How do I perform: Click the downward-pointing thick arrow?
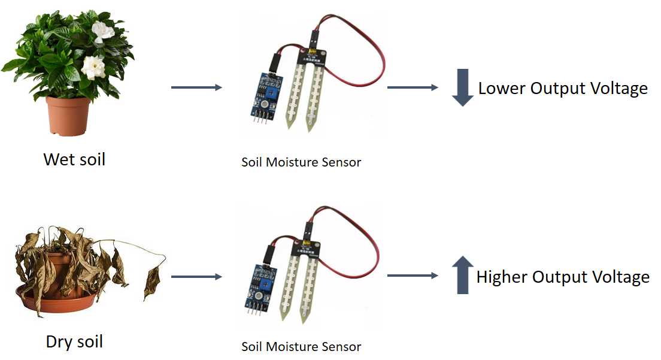[462, 87]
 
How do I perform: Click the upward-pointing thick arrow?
[462, 275]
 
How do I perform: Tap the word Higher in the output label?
[502, 277]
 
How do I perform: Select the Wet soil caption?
[74, 159]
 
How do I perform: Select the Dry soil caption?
[74, 342]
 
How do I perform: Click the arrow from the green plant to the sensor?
[196, 87]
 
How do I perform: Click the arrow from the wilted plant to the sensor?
[196, 277]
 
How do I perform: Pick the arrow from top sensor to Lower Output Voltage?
[413, 87]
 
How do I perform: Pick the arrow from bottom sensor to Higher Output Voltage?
[413, 276]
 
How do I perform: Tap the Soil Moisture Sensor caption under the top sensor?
[301, 162]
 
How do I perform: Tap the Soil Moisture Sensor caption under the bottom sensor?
[301, 347]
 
